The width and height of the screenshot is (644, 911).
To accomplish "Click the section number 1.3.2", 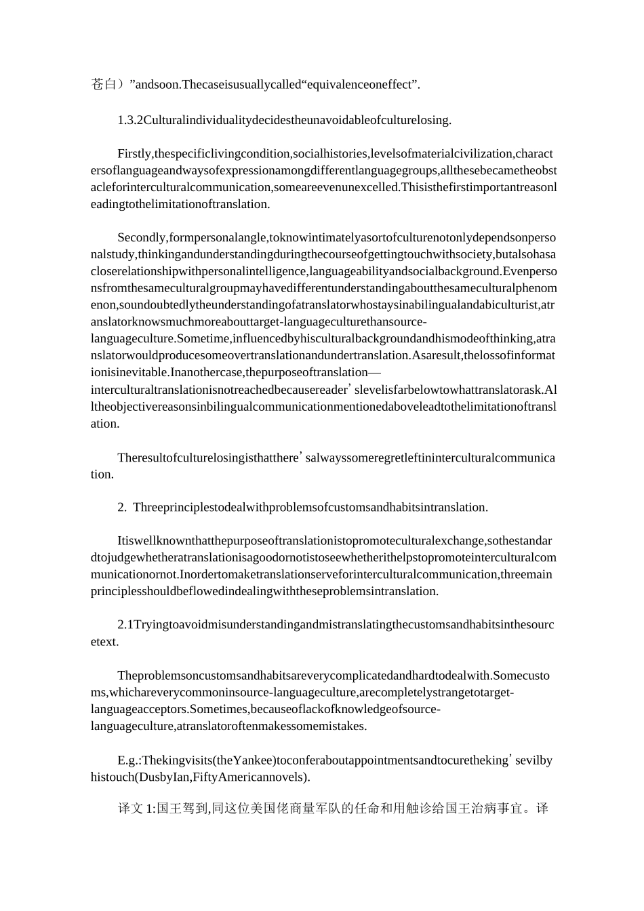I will coord(130,121).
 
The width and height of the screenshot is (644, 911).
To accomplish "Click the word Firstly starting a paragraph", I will coord(135,154).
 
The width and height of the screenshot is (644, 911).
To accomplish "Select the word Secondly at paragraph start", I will coord(142,238).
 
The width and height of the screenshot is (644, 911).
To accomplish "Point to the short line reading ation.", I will coord(105,424).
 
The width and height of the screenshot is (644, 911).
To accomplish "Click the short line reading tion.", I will coord(102,474).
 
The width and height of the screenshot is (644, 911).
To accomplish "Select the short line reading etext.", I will coord(104,642).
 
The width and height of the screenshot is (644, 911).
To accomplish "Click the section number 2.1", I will coord(125,625).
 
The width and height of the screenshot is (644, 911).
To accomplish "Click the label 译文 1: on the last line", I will coord(137,809).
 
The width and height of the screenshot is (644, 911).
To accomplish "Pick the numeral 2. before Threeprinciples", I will coord(122,508).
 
